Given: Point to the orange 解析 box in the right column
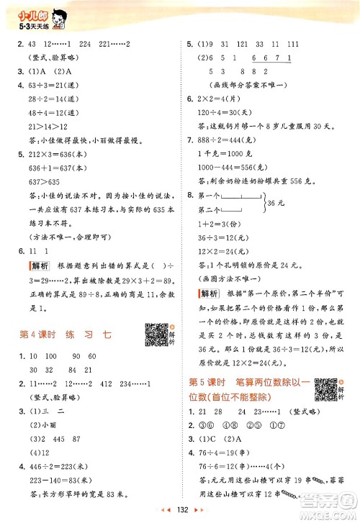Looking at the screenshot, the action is [210, 294].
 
